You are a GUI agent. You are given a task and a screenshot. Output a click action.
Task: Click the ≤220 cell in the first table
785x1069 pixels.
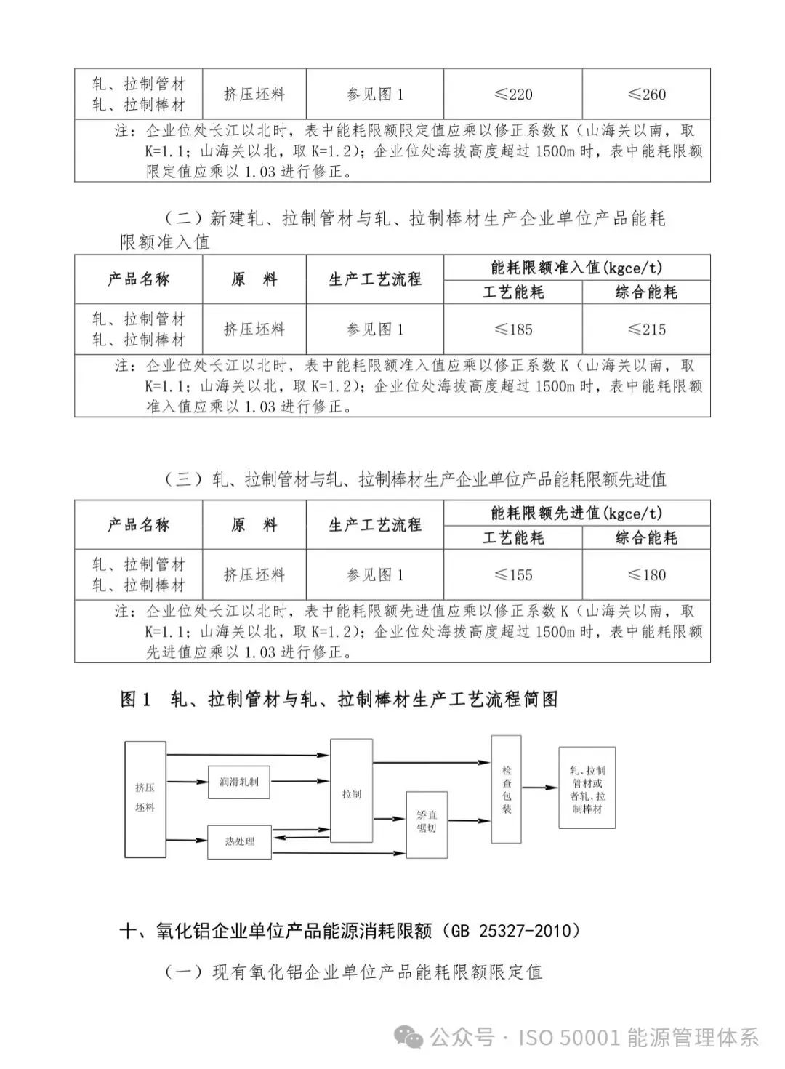tap(513, 95)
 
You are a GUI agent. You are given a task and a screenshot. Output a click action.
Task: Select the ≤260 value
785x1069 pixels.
tap(646, 95)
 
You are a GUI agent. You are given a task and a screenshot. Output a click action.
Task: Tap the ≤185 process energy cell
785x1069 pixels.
tap(513, 329)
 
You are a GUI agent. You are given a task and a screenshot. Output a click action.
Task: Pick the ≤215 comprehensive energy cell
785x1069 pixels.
tap(646, 329)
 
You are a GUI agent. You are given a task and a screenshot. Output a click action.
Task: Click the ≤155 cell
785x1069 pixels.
tap(513, 575)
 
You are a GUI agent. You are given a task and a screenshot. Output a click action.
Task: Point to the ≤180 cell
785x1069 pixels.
tap(646, 575)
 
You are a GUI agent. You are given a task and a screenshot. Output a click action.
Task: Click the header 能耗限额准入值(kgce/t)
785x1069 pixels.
tap(576, 268)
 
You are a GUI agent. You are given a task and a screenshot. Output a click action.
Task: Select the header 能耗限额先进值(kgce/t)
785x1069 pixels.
tap(576, 513)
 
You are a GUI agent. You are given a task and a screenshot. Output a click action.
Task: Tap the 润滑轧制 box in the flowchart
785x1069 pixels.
tap(238, 782)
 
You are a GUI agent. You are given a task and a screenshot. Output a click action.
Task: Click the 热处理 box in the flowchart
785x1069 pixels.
tap(239, 841)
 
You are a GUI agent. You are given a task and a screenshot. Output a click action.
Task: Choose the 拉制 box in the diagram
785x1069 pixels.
tap(352, 794)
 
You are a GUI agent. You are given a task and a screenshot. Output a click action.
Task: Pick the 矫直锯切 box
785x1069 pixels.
tap(427, 822)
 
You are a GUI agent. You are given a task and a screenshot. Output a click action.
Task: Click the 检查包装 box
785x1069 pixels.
tap(507, 789)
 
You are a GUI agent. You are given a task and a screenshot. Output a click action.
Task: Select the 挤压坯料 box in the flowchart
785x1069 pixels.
tap(145, 798)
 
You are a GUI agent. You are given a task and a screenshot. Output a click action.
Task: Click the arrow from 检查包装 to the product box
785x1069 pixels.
tap(540, 788)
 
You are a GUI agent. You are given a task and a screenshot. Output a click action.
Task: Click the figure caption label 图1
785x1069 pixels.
tap(136, 700)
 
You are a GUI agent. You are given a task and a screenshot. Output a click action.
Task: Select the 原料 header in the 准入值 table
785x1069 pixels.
tap(254, 279)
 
